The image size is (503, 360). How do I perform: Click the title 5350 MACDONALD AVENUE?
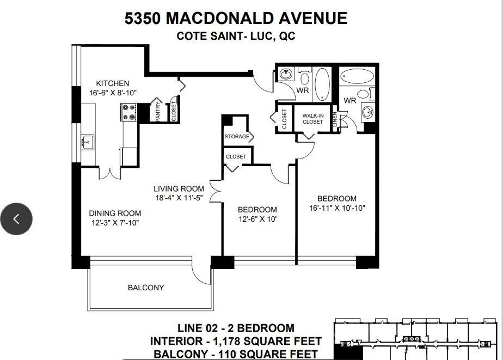click(236, 18)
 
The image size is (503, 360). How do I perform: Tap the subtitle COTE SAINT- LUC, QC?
click(235, 36)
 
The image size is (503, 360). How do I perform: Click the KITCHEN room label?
click(113, 83)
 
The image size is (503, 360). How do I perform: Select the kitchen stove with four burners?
click(130, 112)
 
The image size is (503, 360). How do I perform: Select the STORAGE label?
click(237, 137)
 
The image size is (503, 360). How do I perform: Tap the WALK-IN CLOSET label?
click(312, 118)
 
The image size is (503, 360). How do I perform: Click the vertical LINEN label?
click(334, 120)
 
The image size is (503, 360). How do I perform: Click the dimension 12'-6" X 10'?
click(257, 219)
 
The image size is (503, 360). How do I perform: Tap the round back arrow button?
click(16, 219)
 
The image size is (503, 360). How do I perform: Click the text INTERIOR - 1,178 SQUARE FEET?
click(236, 341)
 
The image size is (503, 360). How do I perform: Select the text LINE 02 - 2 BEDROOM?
click(236, 328)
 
